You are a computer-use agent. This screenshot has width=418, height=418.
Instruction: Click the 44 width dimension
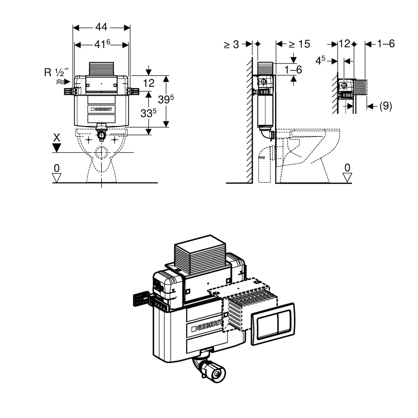[x=101, y=27]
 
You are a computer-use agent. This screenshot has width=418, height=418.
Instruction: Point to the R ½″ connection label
[x=57, y=72]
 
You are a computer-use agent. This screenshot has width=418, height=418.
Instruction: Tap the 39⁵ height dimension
[x=166, y=100]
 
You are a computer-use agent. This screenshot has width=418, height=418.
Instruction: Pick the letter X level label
[x=57, y=138]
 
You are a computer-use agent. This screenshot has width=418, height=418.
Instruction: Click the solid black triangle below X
[x=57, y=148]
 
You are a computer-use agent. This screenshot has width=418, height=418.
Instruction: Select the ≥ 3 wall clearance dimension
[x=231, y=45]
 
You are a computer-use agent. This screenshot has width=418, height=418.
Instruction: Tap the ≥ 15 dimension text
[x=299, y=44]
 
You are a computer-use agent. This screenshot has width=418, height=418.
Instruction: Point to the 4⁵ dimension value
[x=320, y=61]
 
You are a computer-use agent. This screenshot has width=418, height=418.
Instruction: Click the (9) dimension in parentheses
[x=385, y=106]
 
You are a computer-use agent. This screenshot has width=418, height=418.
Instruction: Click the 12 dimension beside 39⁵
[x=149, y=83]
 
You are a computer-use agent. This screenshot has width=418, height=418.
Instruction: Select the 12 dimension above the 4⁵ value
[x=344, y=44]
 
